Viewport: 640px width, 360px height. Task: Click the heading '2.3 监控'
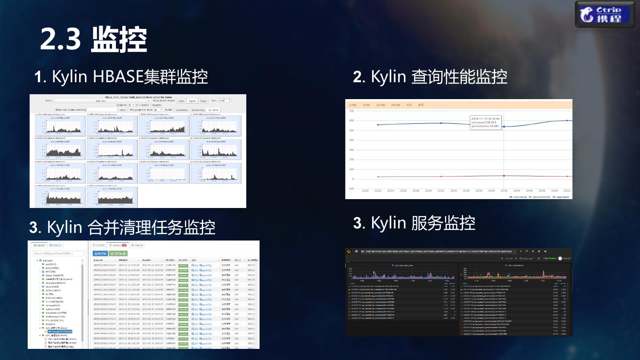click(93, 40)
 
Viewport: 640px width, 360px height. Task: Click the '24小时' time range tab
click(395, 105)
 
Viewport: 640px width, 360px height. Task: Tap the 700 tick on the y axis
click(351, 111)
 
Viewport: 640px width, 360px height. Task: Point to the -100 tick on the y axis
click(351, 189)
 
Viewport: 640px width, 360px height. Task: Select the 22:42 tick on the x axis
click(504, 191)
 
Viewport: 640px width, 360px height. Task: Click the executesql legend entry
click(517, 196)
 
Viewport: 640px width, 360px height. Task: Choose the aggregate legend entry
click(560, 196)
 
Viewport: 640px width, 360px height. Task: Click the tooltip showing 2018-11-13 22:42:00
click(485, 122)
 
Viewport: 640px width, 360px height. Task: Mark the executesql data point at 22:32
click(441, 123)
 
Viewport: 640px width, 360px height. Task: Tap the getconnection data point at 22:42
click(504, 176)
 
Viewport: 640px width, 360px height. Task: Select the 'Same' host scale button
click(192, 101)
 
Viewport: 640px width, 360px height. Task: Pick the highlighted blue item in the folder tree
click(58, 332)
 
